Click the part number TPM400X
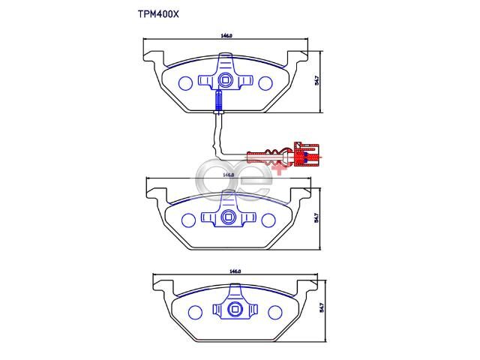click(158, 14)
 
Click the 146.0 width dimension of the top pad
click(226, 36)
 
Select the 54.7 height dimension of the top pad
click(317, 80)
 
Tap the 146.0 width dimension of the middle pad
click(228, 175)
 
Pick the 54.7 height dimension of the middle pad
click(316, 218)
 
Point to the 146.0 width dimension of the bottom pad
click(235, 271)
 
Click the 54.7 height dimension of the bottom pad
click(322, 307)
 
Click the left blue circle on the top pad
click(185, 83)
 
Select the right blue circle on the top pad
click(265, 83)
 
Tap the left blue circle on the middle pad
click(188, 220)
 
